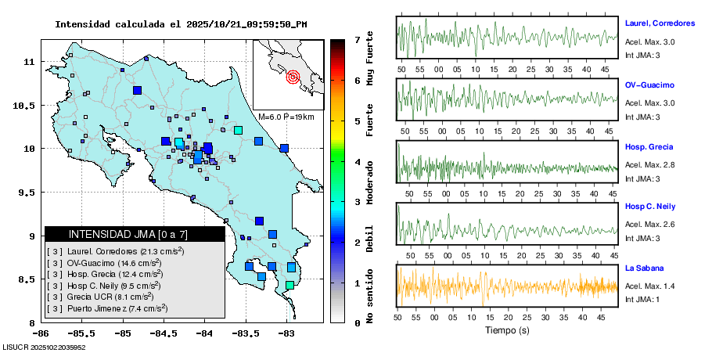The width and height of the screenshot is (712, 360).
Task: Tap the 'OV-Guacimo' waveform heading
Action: [649, 85]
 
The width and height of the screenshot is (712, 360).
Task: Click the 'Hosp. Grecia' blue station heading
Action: [649, 146]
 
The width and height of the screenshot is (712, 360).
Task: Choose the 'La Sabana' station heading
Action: [644, 268]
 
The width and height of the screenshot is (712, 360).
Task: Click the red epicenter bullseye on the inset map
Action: [293, 77]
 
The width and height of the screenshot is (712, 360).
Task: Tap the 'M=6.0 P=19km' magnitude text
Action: [286, 117]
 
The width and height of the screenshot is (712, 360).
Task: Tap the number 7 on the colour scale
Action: [357, 39]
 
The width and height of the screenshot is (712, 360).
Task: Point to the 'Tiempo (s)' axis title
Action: [506, 330]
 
